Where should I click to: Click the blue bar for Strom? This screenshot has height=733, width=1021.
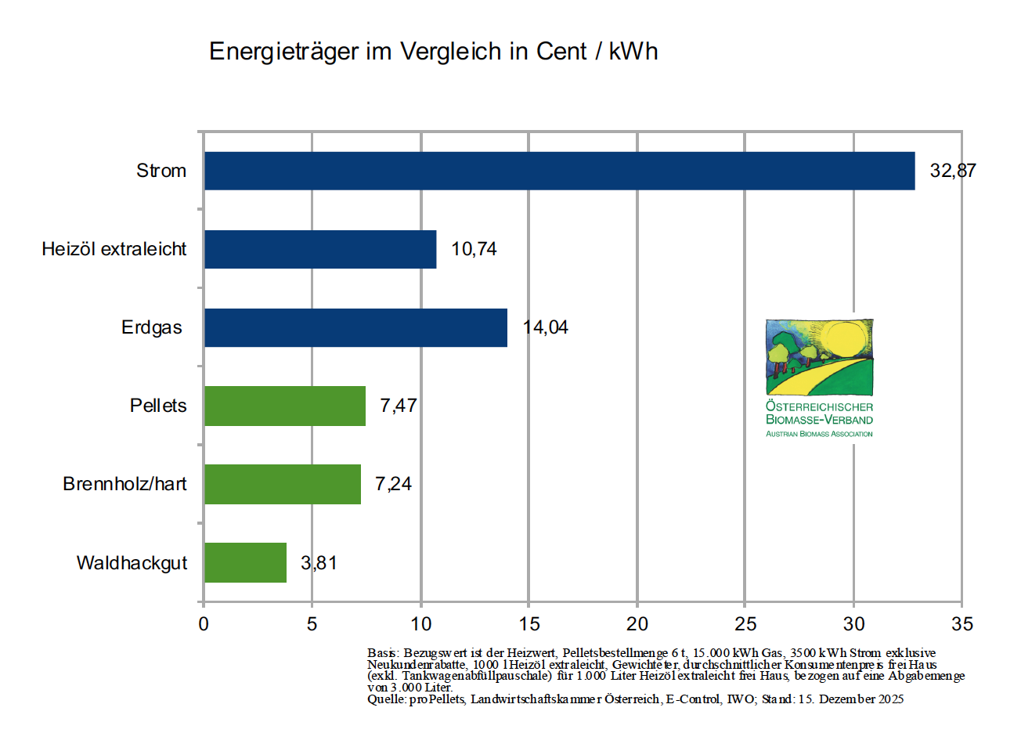pos(559,171)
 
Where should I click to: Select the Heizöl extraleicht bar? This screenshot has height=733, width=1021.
pos(320,249)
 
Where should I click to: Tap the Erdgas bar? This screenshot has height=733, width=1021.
pos(355,327)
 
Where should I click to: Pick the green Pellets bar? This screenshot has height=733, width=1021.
pos(285,406)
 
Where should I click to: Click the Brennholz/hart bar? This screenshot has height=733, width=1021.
pos(283,484)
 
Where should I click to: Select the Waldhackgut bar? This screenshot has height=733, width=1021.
pos(245,562)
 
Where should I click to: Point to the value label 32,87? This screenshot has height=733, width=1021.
pos(953,171)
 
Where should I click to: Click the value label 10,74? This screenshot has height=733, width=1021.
pos(474,249)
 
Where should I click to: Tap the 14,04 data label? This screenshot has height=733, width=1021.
pos(546,327)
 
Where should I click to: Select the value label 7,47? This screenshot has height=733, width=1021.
pos(399,406)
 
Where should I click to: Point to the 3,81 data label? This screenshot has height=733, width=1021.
pos(319,563)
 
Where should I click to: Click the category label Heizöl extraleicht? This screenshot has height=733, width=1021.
pos(114,249)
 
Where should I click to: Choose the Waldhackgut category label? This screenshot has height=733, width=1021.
pos(132,563)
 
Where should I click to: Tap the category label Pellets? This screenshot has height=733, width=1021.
pos(158,406)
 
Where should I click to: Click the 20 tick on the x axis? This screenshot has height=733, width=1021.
pos(637,624)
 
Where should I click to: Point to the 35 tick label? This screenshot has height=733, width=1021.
pos(962,624)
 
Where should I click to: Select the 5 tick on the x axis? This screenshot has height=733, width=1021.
pos(312,624)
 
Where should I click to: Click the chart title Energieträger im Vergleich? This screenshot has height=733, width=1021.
pos(433,52)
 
